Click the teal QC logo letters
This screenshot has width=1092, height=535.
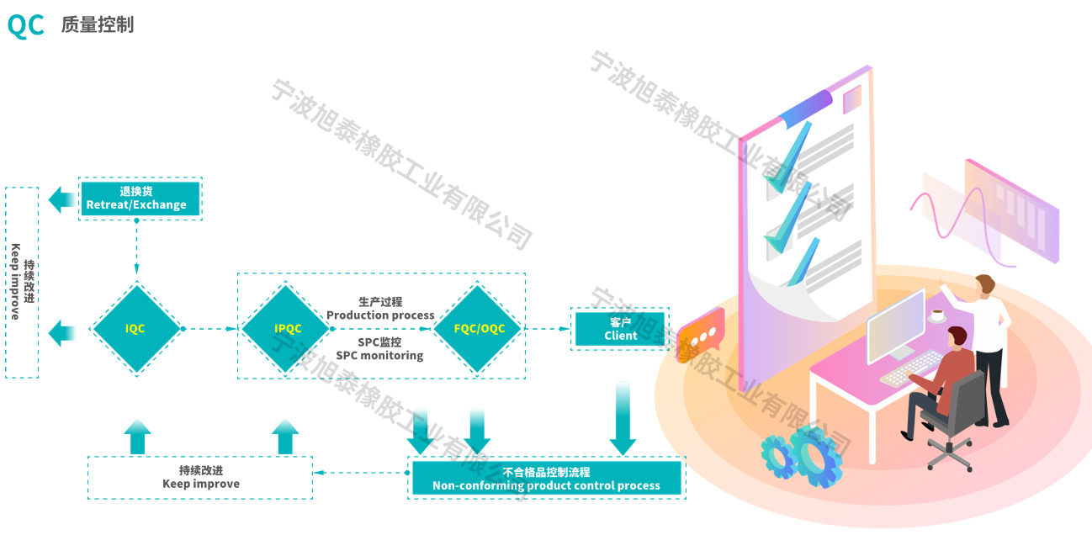(25, 25)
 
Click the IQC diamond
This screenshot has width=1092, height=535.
(135, 329)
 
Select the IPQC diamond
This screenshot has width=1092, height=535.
(287, 329)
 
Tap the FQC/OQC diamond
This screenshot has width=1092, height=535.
(479, 329)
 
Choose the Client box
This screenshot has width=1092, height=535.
(620, 329)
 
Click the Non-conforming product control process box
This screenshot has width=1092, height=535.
(546, 478)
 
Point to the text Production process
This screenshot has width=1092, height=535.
(380, 315)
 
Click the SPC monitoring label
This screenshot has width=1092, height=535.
(379, 355)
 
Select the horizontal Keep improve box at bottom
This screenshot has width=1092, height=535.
(200, 477)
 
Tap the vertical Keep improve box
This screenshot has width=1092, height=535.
(22, 283)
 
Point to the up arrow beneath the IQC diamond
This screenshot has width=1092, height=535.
(138, 437)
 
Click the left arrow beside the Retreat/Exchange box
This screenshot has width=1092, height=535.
(61, 200)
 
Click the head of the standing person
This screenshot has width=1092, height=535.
(985, 284)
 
